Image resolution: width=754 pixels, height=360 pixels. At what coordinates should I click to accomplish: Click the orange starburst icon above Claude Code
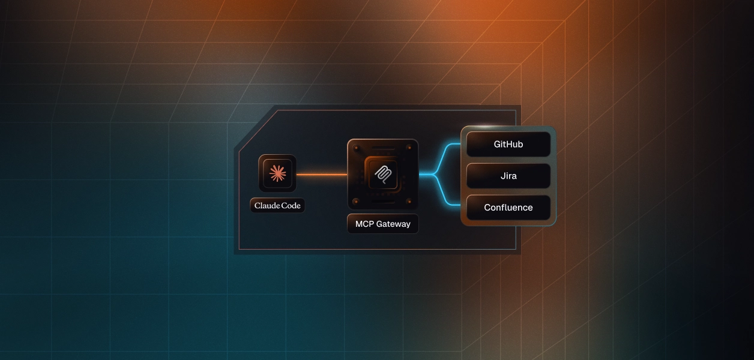277,174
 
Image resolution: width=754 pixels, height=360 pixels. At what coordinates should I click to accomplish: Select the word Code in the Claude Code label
291,206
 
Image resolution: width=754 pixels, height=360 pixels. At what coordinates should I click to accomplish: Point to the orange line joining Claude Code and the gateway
321,175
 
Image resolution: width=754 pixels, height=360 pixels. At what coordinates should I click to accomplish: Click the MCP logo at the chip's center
382,175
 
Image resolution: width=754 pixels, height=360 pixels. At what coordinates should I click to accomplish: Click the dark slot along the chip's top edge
382,146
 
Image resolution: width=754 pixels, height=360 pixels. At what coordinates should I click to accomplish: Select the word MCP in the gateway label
364,224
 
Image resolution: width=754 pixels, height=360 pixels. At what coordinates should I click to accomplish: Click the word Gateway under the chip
393,224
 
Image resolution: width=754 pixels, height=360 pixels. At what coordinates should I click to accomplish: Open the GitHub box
508,145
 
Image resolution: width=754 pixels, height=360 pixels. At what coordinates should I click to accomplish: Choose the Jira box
508,176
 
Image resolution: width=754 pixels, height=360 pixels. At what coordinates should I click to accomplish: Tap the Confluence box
508,208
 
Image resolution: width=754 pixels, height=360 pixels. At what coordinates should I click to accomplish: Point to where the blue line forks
433,175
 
